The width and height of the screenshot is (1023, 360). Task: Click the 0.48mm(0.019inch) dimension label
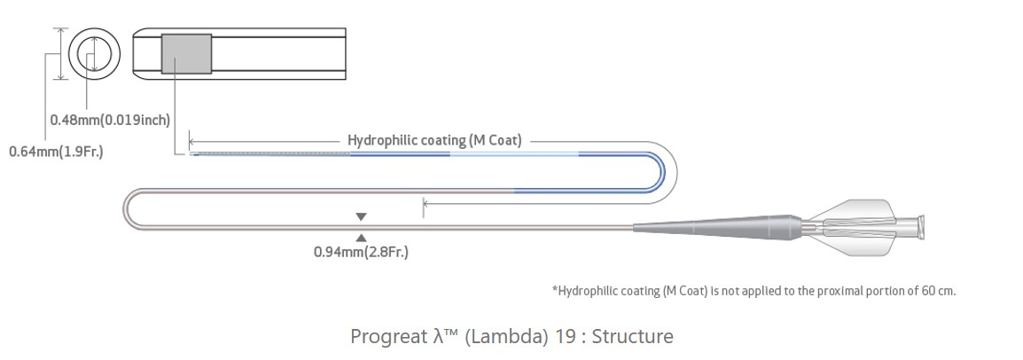110,120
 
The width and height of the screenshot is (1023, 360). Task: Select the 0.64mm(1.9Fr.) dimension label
56,152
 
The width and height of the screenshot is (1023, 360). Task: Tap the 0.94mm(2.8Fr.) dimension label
361,252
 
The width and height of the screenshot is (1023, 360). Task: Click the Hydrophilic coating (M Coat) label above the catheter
434,140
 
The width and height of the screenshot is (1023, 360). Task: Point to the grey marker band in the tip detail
186,54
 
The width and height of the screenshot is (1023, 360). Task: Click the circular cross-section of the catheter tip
93,54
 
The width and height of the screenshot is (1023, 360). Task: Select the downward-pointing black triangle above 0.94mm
361,216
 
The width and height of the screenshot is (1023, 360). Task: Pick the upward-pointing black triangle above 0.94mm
361,236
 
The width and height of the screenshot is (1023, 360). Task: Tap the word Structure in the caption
633,337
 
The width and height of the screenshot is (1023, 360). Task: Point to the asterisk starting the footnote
555,289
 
